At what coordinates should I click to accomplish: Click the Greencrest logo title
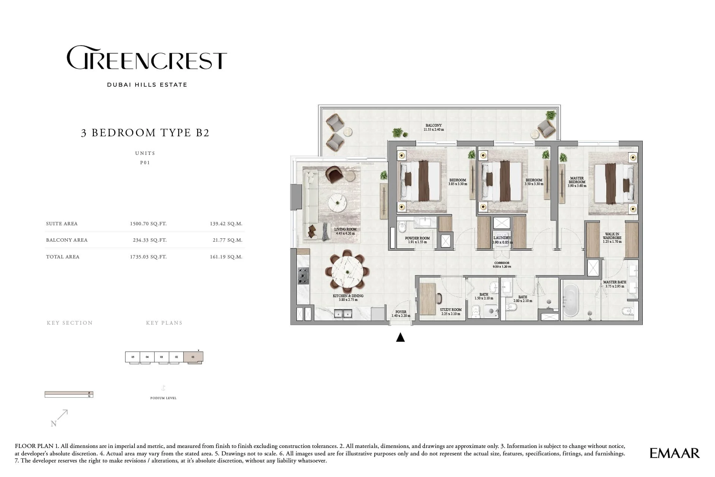(147, 58)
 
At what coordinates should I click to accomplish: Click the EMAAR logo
(674, 453)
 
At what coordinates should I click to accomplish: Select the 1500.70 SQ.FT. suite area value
(148, 224)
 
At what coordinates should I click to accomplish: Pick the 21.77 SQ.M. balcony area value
(227, 240)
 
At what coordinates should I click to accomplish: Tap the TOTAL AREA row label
(63, 257)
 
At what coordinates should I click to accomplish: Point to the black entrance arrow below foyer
(400, 337)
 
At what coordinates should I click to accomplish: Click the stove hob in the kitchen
(303, 276)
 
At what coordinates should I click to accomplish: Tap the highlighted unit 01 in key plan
(193, 357)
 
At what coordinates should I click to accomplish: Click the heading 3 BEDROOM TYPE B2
(145, 133)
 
